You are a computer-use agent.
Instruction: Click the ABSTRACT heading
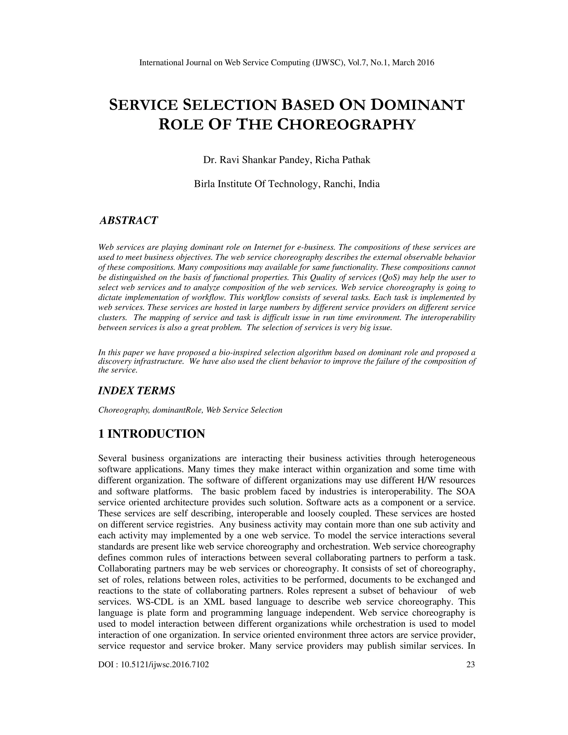click(x=128, y=220)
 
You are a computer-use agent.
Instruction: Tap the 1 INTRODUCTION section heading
click(x=151, y=434)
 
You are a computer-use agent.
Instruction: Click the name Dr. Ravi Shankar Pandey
click(x=257, y=160)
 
